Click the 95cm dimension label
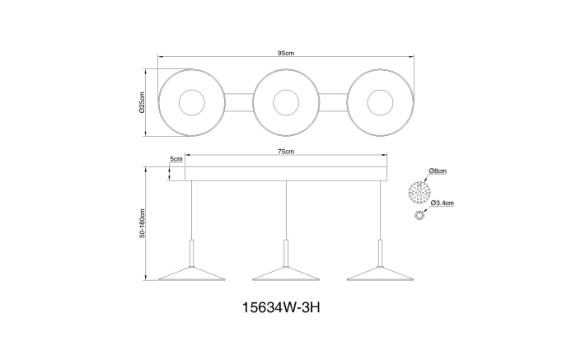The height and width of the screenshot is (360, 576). tap(285, 53)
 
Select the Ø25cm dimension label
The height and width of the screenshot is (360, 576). tap(143, 102)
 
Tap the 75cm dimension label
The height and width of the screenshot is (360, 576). tap(286, 152)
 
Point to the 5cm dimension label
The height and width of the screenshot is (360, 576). tap(176, 159)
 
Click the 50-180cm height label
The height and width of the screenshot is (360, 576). tap(143, 223)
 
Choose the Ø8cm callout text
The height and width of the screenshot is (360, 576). tap(438, 171)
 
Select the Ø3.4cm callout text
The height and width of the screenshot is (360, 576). tap(443, 203)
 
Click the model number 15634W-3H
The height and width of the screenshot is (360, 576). tap(281, 307)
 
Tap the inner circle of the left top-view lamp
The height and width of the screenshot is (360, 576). tap(192, 91)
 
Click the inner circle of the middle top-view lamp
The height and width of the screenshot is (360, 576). tap(286, 91)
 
